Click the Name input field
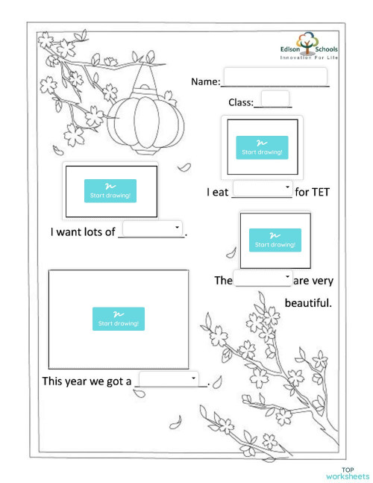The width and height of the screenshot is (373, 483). tap(275, 78)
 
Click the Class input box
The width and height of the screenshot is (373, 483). tap(275, 99)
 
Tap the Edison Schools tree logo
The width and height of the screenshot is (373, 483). tap(309, 44)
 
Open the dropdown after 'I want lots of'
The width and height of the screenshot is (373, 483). tap(152, 228)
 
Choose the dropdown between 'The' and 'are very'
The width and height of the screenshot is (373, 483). tap(263, 278)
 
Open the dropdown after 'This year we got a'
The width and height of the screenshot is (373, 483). tap(169, 379)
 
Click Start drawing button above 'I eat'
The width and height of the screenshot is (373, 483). tap(261, 147)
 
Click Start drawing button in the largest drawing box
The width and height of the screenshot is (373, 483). tap(118, 319)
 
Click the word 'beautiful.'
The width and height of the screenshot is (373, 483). tap(308, 304)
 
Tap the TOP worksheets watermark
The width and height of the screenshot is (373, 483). tap(347, 473)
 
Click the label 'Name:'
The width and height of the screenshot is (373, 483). tap(206, 81)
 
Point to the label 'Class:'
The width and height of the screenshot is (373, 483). tap(241, 103)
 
